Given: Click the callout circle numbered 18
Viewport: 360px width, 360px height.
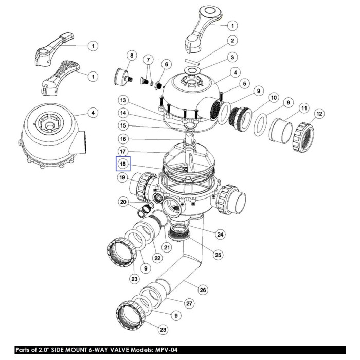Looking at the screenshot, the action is tap(123, 164).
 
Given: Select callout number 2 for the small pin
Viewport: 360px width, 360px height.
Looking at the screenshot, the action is tap(232, 41).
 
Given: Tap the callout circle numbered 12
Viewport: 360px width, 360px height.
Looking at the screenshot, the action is tap(319, 114).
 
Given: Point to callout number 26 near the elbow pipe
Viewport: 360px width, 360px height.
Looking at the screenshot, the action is tap(203, 290).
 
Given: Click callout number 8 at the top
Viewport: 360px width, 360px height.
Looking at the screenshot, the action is tap(132, 56).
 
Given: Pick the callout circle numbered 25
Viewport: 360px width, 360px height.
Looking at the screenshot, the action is tap(218, 255).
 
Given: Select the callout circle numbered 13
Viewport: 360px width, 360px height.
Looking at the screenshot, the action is tap(123, 100).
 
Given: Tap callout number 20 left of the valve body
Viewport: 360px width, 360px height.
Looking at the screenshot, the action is tap(123, 202).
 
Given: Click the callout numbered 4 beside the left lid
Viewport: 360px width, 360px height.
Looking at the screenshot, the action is tap(93, 113).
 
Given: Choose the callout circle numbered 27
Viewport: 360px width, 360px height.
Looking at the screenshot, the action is tap(189, 304).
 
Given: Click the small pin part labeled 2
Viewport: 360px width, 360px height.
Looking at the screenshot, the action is tap(192, 62).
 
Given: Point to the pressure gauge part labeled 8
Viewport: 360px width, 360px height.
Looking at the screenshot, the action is tap(124, 77).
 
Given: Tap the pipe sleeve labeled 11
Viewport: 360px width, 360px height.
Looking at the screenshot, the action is tap(281, 131).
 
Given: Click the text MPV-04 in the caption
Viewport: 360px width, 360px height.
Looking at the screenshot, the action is tap(166, 350).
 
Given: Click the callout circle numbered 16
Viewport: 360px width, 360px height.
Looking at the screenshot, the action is tap(123, 139).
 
